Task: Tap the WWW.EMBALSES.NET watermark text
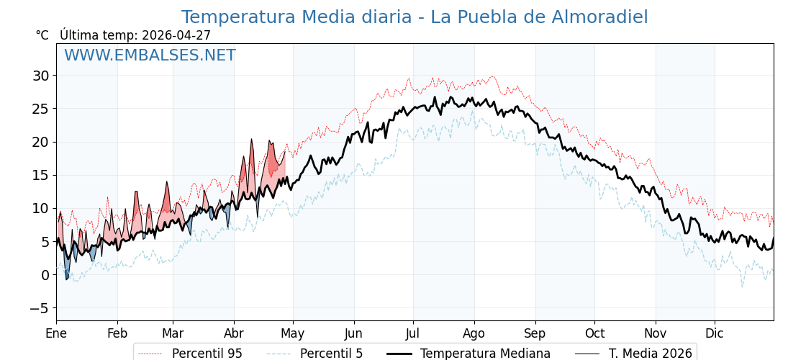point(150,55)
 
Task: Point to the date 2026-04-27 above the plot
point(176,35)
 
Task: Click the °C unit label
point(42,35)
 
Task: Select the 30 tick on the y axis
point(40,76)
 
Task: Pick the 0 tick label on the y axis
point(45,275)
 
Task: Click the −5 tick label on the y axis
point(40,308)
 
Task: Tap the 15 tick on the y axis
point(40,175)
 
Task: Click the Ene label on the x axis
point(56,333)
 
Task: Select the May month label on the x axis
point(293,333)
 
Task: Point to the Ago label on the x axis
point(474,333)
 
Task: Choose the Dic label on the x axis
point(715,333)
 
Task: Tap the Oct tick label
point(594,333)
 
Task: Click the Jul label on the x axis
point(413,333)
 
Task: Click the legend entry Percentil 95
point(207,354)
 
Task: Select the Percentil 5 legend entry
point(331,354)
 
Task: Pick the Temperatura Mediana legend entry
point(485,354)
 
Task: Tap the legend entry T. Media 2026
point(650,354)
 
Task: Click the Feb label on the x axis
point(117,333)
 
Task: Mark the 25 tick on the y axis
point(40,109)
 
